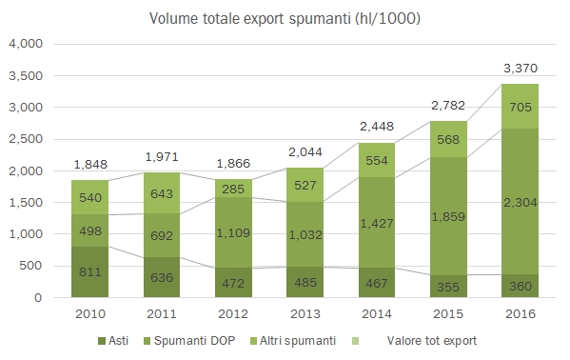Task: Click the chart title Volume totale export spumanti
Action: click(284, 18)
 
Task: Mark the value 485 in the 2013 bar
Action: click(305, 282)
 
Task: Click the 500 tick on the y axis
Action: click(33, 266)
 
